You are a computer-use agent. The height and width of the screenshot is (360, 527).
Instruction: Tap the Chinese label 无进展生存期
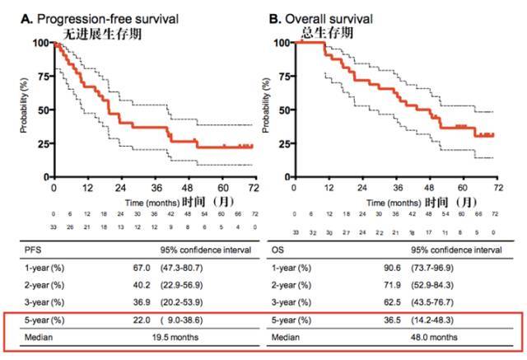103,34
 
